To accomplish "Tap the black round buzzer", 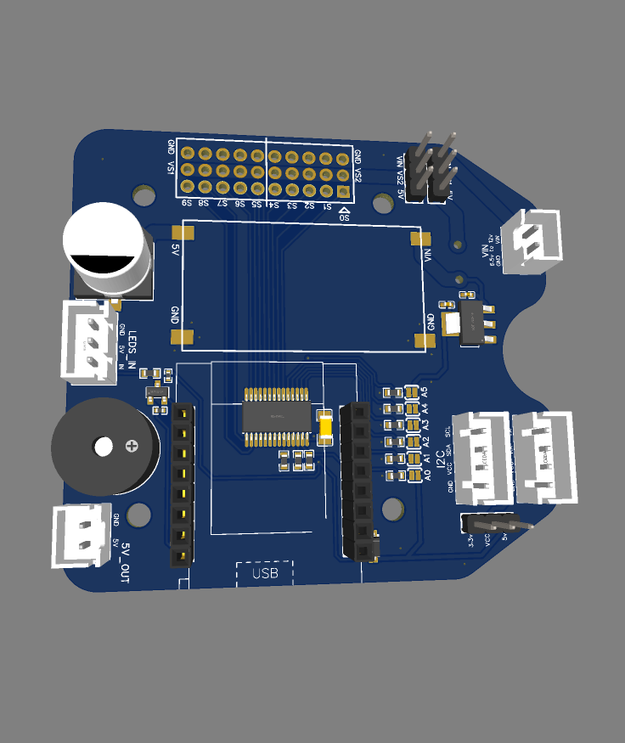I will click(104, 447).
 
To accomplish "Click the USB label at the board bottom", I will click(264, 574).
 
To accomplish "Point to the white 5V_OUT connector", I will click(81, 535).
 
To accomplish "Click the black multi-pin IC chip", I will click(275, 417).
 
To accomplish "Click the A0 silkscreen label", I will click(426, 475).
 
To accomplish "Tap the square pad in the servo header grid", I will click(343, 192).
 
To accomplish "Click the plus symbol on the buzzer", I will click(132, 446).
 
